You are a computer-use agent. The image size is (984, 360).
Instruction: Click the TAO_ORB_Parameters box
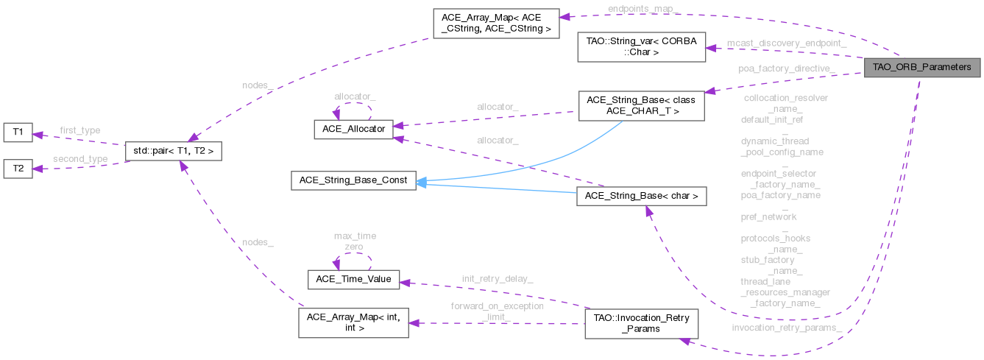[923, 67]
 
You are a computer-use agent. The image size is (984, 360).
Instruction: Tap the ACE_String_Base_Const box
[353, 180]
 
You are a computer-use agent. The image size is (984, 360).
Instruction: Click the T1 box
[18, 133]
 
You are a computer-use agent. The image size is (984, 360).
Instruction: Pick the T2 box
[18, 169]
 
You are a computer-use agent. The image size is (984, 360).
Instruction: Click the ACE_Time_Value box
[353, 280]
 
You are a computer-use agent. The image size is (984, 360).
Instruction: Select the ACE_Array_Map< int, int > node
[353, 322]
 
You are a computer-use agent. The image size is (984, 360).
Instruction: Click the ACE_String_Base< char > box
[642, 197]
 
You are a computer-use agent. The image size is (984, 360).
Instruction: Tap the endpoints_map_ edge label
[640, 8]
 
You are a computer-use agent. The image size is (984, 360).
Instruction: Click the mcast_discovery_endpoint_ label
[786, 43]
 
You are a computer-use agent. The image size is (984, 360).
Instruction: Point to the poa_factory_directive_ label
[787, 68]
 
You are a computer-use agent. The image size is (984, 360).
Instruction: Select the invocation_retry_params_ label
[787, 327]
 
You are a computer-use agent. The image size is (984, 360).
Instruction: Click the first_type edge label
[79, 130]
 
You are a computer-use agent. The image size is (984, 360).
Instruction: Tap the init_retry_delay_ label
[498, 278]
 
